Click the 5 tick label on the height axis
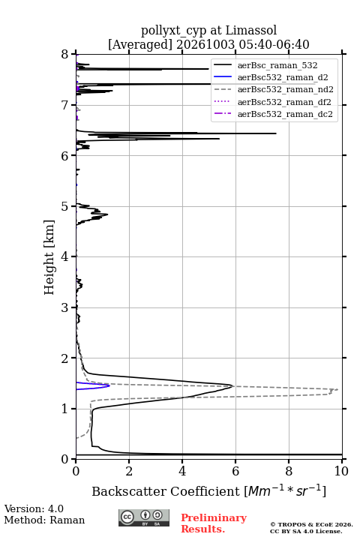(x=64, y=207)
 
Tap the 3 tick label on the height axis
(x=64, y=307)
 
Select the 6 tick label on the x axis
(x=235, y=471)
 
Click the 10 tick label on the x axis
(x=341, y=471)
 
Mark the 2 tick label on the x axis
(x=129, y=471)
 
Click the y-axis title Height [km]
(x=49, y=257)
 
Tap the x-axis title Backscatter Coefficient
(x=165, y=491)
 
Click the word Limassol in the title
(x=250, y=31)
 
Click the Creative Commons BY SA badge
(x=144, y=518)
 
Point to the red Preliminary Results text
(x=214, y=523)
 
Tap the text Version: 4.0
(x=34, y=508)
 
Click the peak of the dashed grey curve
(x=338, y=389)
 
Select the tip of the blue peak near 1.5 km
(x=109, y=385)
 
